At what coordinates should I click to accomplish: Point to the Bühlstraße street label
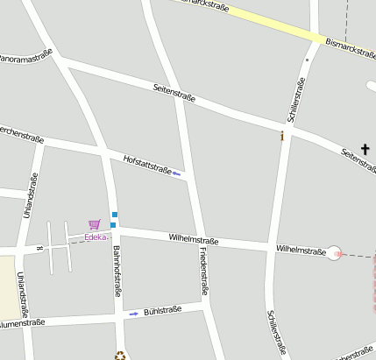pyautogui.click(x=162, y=310)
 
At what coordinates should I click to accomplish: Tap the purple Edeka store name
pyautogui.click(x=96, y=236)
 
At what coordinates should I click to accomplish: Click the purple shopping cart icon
pyautogui.click(x=95, y=224)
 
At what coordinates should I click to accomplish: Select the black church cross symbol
pyautogui.click(x=365, y=150)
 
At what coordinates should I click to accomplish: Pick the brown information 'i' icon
pyautogui.click(x=281, y=137)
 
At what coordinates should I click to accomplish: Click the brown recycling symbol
pyautogui.click(x=120, y=355)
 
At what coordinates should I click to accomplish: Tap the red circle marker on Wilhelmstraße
pyautogui.click(x=335, y=254)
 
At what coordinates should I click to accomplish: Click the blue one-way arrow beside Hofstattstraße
pyautogui.click(x=176, y=173)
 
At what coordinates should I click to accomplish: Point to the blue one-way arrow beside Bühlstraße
pyautogui.click(x=133, y=313)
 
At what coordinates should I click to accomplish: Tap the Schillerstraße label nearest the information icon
pyautogui.click(x=295, y=98)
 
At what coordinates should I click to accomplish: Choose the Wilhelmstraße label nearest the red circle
pyautogui.click(x=301, y=250)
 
